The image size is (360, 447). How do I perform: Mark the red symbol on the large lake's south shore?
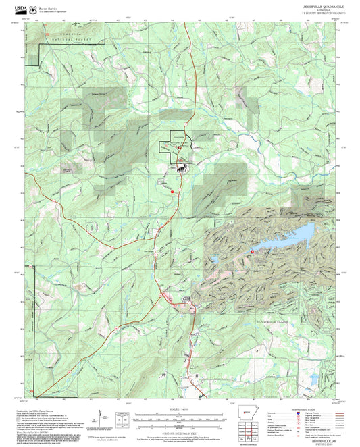pos(252,252)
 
